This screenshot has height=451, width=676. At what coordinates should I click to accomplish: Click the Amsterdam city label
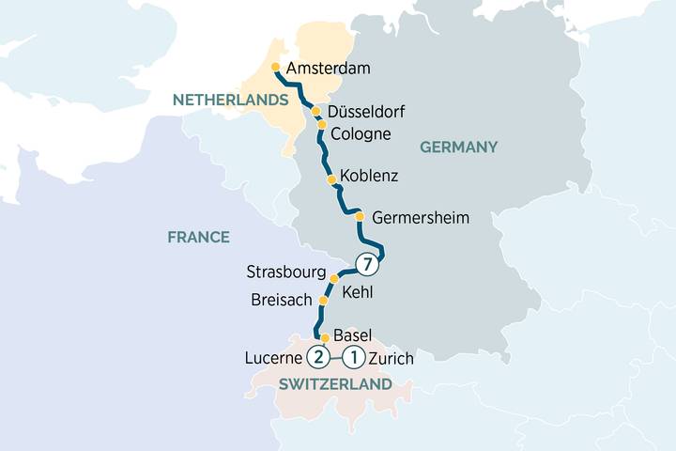[x=330, y=69]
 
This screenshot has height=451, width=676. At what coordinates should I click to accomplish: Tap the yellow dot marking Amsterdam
[x=275, y=68]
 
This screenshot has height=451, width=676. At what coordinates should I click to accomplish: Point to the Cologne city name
[x=361, y=133]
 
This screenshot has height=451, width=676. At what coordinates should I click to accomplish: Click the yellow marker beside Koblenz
[x=330, y=179]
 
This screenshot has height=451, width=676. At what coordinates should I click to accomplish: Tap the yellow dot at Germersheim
[x=360, y=216]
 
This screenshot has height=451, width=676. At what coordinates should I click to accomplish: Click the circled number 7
[x=368, y=265]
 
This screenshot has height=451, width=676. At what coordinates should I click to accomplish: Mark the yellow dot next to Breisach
[x=324, y=301]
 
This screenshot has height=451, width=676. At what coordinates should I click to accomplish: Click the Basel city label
[x=353, y=335]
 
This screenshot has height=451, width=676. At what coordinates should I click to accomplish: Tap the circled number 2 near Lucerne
[x=319, y=357]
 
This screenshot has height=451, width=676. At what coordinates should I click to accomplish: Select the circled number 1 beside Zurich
[x=354, y=357]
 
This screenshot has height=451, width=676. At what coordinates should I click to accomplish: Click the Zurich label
[x=392, y=358]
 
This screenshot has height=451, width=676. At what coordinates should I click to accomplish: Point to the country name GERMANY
[x=457, y=147]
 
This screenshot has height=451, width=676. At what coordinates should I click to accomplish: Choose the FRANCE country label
[x=198, y=237]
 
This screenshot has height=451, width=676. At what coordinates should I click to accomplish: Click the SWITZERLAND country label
[x=335, y=385]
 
